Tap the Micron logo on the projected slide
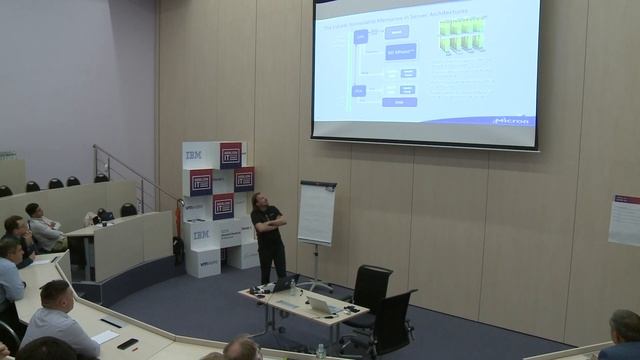pyautogui.click(x=515, y=121)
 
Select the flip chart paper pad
pyautogui.click(x=317, y=213)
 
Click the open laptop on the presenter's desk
pyautogui.click(x=320, y=304)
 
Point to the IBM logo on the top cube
pyautogui.click(x=194, y=155)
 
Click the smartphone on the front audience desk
pyautogui.click(x=127, y=344)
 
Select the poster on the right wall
pyautogui.click(x=623, y=220)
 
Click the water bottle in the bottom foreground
pyautogui.click(x=320, y=351)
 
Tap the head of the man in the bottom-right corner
pyautogui.click(x=625, y=326)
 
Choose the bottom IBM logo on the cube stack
pyautogui.click(x=201, y=235)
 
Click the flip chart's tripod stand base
pyautogui.click(x=319, y=280)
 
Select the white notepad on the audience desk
pyautogui.click(x=103, y=337)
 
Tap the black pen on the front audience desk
pyautogui.click(x=110, y=323)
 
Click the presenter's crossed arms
pyautogui.click(x=271, y=223)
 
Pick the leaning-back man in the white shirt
pyautogui.click(x=42, y=228)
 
